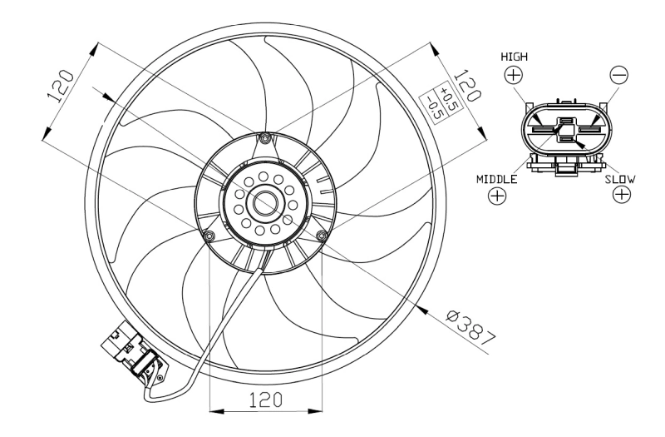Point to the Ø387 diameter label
471,327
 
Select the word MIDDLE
497,179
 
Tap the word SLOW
621,179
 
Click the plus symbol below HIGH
514,75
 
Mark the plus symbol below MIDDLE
497,196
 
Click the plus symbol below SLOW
621,196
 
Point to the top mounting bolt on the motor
265,138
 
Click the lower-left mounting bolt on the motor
208,237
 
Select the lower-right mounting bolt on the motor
322,237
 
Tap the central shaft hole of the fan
265,203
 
